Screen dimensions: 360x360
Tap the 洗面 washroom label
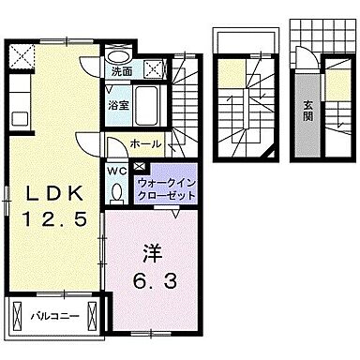122,70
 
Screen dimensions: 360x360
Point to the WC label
116,172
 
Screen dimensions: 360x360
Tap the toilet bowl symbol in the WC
116,191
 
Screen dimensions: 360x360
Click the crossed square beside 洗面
153,67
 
